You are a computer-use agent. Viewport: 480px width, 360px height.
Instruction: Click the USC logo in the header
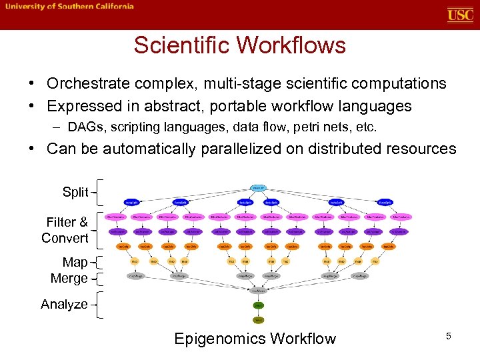(460, 15)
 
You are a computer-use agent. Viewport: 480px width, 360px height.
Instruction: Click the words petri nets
(315, 126)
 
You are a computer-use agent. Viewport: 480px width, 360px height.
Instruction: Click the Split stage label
(75, 192)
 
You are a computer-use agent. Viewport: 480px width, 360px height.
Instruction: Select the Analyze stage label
(64, 304)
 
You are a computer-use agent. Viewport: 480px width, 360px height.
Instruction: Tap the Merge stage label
(69, 278)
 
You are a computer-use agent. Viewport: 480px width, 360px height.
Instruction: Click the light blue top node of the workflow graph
(257, 188)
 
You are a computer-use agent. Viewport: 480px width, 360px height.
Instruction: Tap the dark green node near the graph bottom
(257, 305)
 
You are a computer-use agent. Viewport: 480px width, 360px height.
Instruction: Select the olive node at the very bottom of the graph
(257, 320)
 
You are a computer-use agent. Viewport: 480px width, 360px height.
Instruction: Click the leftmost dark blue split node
(131, 202)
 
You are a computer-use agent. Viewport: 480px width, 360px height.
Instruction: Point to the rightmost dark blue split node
(384, 202)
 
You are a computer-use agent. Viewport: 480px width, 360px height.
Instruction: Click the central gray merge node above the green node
(257, 291)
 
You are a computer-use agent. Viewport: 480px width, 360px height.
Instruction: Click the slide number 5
(449, 337)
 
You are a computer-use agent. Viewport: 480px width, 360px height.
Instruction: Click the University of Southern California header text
(70, 7)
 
